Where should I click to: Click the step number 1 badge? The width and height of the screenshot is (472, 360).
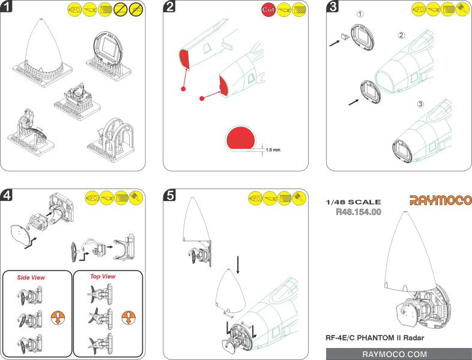[7, 7]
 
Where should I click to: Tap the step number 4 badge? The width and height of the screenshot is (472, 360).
[7, 195]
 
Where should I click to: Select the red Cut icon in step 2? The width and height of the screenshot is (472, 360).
[268, 10]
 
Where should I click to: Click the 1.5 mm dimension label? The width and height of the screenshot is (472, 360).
[273, 150]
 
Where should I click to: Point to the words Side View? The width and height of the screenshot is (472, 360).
[31, 278]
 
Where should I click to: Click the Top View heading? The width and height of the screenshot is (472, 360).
[103, 277]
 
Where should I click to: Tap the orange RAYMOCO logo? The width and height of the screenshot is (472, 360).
[440, 200]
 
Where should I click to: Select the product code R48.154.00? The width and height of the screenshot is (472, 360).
[359, 212]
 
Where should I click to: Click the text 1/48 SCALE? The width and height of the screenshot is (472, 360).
[353, 202]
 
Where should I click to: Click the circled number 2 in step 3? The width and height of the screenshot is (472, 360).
[401, 35]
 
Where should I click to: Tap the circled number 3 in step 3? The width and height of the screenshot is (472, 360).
[420, 104]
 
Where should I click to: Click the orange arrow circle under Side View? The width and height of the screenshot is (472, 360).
[58, 318]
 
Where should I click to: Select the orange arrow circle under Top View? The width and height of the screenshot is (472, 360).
[129, 318]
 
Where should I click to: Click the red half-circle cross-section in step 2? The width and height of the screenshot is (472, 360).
[240, 138]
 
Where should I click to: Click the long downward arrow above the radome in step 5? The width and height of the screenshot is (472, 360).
[238, 265]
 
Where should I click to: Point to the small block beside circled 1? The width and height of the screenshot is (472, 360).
[345, 36]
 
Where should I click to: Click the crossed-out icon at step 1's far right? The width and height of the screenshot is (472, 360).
[136, 10]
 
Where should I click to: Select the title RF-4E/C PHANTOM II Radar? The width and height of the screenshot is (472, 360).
[375, 338]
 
